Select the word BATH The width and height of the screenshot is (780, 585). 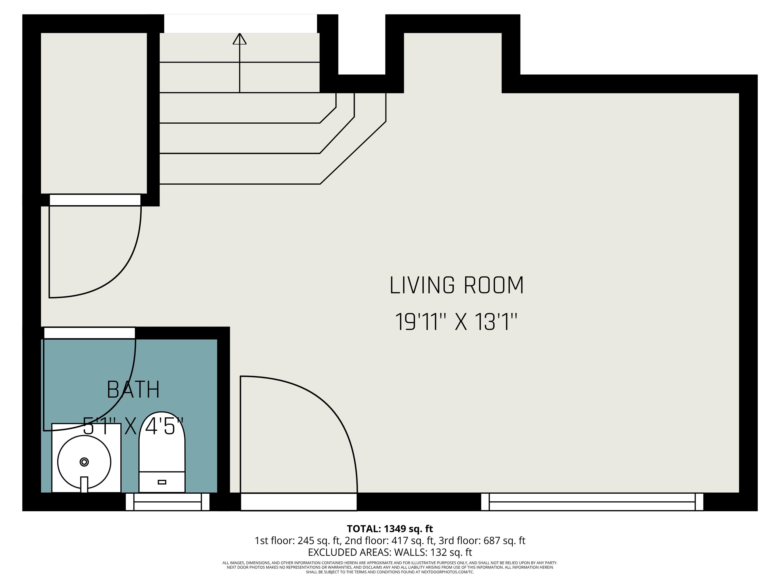click(133, 390)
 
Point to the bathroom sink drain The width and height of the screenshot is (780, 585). click(84, 462)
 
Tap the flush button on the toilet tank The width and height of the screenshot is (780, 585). click(162, 482)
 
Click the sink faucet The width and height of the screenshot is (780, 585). click(84, 484)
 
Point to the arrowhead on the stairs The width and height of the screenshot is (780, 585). click(239, 39)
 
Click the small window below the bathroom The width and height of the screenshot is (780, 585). click(168, 501)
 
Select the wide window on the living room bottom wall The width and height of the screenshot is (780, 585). click(592, 501)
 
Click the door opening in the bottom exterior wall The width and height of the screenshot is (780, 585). click(299, 501)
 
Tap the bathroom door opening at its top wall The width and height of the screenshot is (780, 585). click(90, 333)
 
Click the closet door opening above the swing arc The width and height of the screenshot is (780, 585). click(95, 200)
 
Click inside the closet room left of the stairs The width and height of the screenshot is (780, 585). click(94, 113)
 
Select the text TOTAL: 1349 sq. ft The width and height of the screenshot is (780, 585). click(390, 529)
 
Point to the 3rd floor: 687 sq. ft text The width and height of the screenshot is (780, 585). click(482, 541)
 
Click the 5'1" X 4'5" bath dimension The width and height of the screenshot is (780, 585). click(133, 426)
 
